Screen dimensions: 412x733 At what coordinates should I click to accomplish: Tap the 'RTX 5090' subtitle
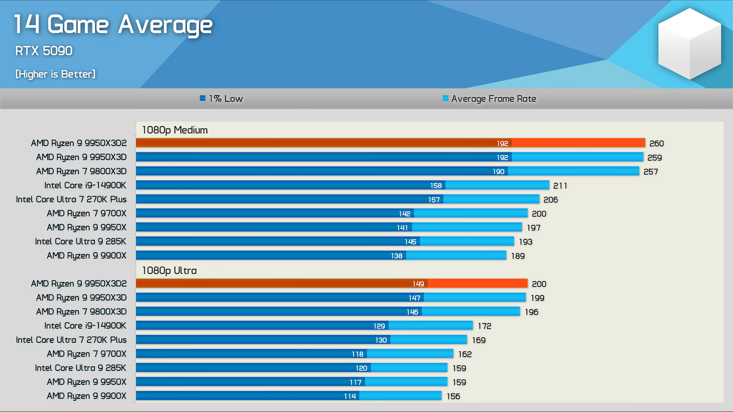click(x=44, y=51)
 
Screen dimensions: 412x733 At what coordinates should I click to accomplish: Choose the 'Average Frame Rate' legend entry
click(x=489, y=99)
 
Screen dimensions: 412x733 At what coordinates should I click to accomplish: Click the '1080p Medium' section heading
click(x=175, y=130)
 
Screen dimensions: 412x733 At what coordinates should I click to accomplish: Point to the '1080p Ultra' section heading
click(x=169, y=270)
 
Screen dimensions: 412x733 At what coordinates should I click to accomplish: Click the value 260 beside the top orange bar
click(x=656, y=143)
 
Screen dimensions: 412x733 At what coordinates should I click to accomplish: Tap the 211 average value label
click(x=560, y=186)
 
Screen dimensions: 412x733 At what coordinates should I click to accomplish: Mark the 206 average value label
click(x=550, y=200)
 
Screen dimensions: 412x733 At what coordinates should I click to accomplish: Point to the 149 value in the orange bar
click(x=418, y=284)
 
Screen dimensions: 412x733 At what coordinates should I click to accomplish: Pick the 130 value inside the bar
click(x=381, y=340)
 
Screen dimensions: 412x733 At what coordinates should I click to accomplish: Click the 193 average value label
click(x=526, y=242)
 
